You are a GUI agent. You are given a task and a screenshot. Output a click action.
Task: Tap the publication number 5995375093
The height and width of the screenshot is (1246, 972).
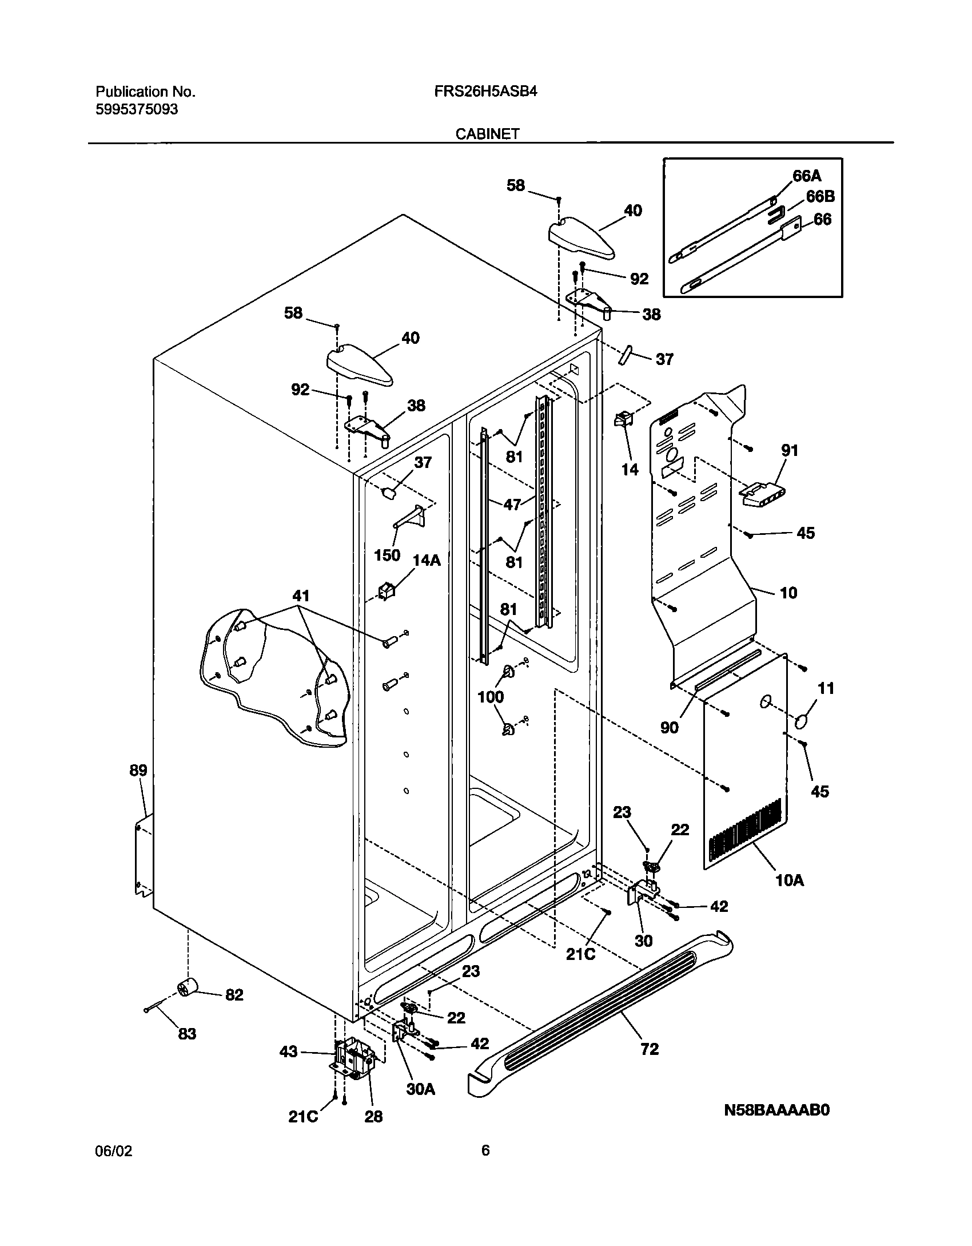pos(137,109)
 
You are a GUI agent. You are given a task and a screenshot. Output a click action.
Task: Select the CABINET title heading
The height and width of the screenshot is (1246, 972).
pos(487,134)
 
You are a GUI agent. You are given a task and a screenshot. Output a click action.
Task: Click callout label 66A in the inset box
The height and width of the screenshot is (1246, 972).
pos(806,176)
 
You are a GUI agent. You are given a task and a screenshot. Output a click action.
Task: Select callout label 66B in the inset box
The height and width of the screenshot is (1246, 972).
pos(820,197)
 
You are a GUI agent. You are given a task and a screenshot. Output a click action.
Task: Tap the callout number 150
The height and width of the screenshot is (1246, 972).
pos(387,555)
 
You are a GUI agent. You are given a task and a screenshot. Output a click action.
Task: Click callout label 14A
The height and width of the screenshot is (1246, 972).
pos(427,560)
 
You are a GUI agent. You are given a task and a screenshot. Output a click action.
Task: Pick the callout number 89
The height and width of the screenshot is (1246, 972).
pos(138,771)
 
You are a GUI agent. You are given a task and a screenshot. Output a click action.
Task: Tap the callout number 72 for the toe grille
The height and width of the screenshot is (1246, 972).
pos(650,1049)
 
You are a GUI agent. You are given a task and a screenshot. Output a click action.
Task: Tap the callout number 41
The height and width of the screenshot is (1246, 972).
pos(301,596)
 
